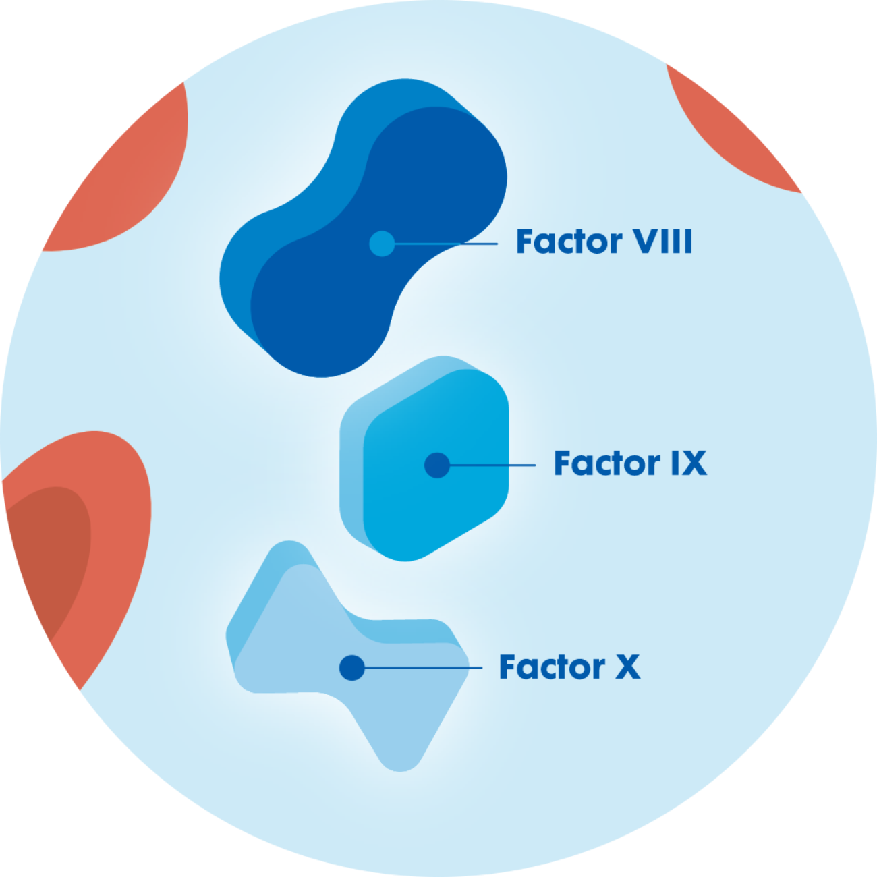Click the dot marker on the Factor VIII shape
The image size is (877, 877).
pos(382,243)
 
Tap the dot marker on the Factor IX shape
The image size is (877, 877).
pos(437,465)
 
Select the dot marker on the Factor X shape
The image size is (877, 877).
pos(351,668)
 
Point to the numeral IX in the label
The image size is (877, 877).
pos(688,463)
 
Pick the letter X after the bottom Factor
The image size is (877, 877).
pos(627,667)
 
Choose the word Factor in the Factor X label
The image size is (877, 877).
pos(552,667)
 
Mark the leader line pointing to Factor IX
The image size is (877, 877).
pos(492,465)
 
